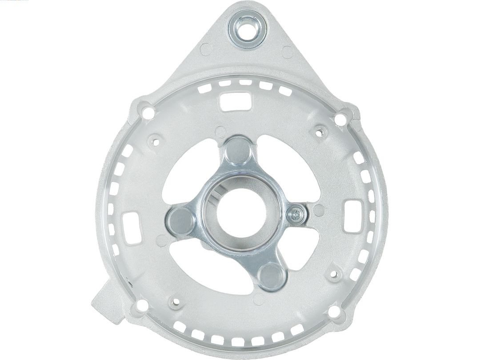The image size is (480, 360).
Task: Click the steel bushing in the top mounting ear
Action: tap(248, 30)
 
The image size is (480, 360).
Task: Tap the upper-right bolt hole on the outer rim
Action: tap(340, 118)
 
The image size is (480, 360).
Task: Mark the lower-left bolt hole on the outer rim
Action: tap(142, 305)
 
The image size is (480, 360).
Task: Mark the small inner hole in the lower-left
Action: tap(176, 303)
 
